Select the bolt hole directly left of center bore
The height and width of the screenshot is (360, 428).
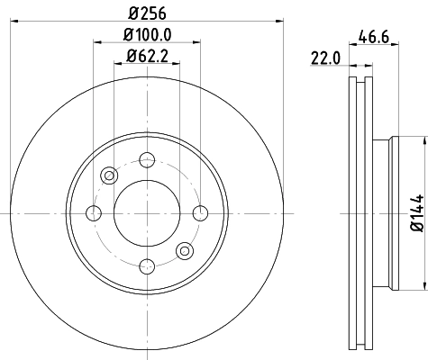click(93, 212)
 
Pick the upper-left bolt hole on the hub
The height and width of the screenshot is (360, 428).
click(108, 175)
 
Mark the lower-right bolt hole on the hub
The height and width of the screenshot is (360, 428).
click(184, 250)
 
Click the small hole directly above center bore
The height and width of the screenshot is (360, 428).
click(146, 159)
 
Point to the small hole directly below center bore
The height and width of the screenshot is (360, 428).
click(146, 265)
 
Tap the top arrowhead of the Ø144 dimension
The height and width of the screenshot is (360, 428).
click(423, 141)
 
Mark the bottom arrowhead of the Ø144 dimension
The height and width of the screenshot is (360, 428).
click(423, 283)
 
